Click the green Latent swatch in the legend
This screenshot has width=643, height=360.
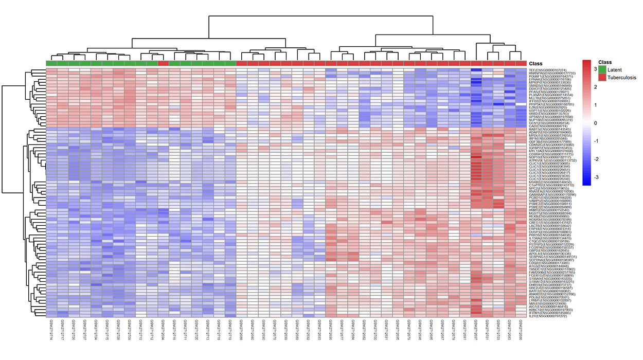point(602,69)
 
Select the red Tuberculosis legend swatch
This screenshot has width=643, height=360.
point(602,77)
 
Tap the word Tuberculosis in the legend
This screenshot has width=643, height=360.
point(622,77)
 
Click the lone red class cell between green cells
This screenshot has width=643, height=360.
point(163,63)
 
